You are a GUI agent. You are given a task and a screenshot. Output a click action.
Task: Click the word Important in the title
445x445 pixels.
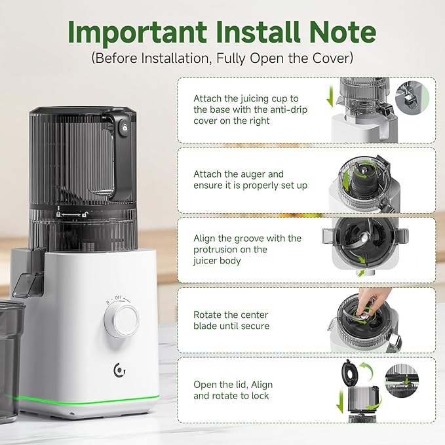coord(138,32)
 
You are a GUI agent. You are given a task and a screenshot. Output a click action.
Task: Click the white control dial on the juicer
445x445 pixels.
coord(121,319)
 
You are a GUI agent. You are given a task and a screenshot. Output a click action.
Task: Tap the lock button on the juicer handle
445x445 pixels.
coord(125,127)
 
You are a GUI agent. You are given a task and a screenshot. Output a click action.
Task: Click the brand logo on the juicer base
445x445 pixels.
coord(119,370)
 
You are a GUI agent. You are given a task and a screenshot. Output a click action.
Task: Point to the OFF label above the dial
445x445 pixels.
coord(118,298)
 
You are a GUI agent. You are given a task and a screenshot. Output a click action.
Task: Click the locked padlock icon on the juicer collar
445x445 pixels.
coord(58,214)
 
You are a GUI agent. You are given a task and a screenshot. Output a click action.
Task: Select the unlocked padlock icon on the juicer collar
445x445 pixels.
coord(85,214)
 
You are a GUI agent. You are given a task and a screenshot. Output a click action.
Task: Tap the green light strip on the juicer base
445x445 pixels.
coord(88,400)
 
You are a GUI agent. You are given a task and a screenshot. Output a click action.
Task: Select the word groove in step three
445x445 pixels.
coord(245,239)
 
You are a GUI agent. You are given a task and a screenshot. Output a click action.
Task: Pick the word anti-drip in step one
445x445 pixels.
coord(288,109)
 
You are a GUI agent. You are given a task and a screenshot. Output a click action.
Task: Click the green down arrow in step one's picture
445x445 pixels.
coord(330,96)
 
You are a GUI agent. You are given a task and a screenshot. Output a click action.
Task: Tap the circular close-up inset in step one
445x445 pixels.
coord(412,98)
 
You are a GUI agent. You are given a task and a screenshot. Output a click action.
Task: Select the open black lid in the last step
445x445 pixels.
coord(350,373)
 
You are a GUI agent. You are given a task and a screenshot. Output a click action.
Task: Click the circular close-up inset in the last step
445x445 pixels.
coord(402,381)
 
